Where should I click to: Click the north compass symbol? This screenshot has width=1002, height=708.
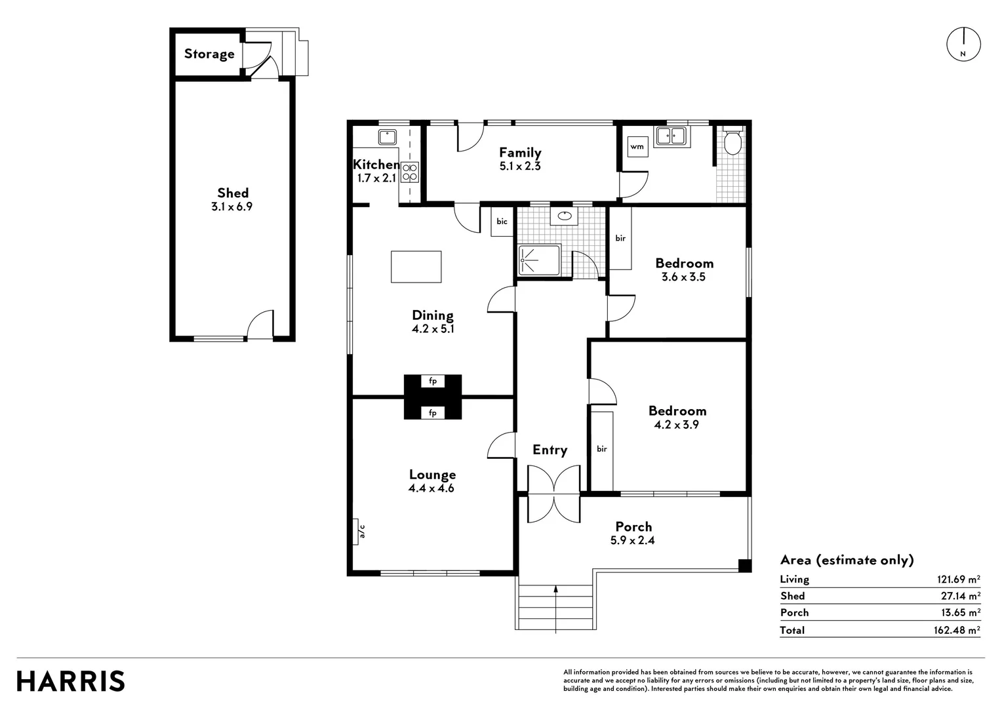[963, 45]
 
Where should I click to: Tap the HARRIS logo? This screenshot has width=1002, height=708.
[71, 681]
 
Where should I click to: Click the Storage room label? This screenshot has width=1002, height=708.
[209, 54]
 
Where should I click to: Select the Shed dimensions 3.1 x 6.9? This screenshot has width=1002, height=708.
[231, 206]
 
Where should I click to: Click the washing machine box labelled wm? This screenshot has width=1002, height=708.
[637, 147]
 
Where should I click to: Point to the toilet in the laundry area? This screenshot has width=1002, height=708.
[732, 142]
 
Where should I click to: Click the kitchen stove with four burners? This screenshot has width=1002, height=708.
[410, 172]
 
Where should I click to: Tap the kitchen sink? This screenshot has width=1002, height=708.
[387, 137]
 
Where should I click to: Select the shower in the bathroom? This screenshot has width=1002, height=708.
[539, 260]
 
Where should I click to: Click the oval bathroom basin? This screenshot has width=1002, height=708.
[563, 215]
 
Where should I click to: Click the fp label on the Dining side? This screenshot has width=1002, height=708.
[433, 381]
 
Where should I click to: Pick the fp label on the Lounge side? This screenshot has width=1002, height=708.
[433, 413]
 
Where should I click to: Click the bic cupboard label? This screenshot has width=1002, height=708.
[502, 222]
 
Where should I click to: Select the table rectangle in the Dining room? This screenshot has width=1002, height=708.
[416, 267]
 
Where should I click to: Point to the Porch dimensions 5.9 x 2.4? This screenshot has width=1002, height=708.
[632, 541]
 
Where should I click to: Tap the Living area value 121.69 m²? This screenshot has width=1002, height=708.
[958, 580]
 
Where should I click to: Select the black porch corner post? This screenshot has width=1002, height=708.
[744, 566]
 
